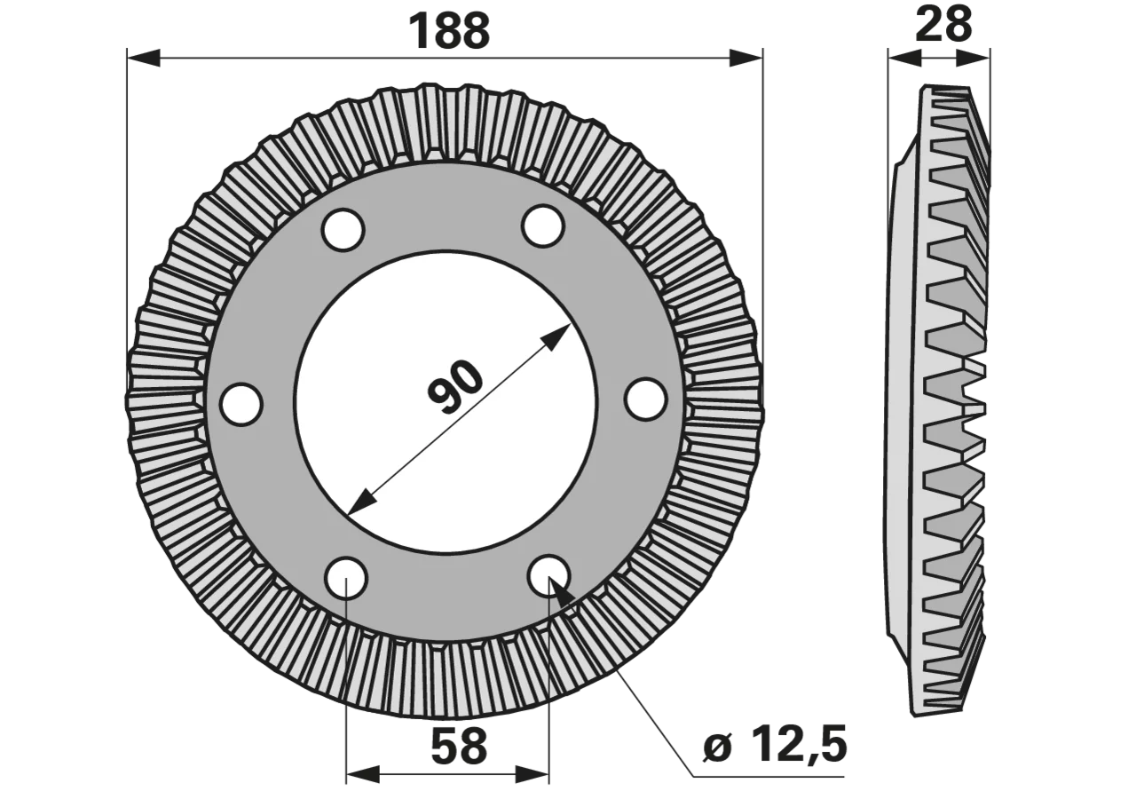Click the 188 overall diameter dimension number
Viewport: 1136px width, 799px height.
[x=449, y=32]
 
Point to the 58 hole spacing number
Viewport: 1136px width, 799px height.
[x=459, y=747]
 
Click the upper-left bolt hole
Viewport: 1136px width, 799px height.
[x=343, y=229]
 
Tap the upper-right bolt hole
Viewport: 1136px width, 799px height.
[x=543, y=226]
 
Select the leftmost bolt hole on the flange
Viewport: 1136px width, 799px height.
[x=241, y=404]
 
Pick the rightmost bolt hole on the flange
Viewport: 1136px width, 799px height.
[x=645, y=399]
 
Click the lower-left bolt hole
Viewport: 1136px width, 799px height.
[x=346, y=578]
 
